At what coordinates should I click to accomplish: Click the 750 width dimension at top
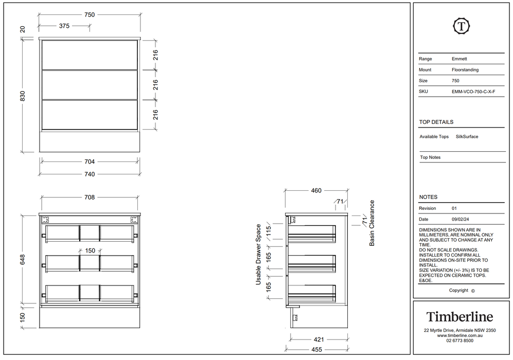click(90, 15)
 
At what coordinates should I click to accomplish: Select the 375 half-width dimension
click(64, 26)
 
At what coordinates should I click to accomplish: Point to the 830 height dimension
click(23, 96)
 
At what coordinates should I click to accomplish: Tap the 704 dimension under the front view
click(90, 161)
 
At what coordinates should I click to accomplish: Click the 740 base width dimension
click(90, 174)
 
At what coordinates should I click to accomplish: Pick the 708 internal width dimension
click(90, 197)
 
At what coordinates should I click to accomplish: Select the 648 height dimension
click(23, 259)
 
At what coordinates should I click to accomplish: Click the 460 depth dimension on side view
click(316, 190)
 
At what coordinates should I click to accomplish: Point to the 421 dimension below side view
click(319, 339)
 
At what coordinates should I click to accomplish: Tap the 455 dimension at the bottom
click(316, 350)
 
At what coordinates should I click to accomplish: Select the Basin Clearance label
click(372, 223)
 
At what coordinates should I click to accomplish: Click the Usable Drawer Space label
click(258, 255)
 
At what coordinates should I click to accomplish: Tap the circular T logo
click(462, 26)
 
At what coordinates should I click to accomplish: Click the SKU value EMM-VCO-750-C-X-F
click(473, 92)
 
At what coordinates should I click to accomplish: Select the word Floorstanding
click(465, 69)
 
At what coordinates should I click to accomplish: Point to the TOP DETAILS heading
click(436, 122)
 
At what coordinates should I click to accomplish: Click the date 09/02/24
click(461, 220)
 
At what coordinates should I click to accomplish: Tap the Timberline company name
click(459, 316)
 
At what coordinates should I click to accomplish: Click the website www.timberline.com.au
click(459, 335)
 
